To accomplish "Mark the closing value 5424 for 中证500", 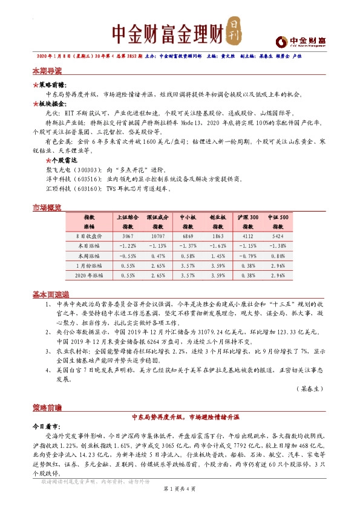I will click(x=278, y=236).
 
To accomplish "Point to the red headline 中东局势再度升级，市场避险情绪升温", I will click(x=180, y=417).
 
